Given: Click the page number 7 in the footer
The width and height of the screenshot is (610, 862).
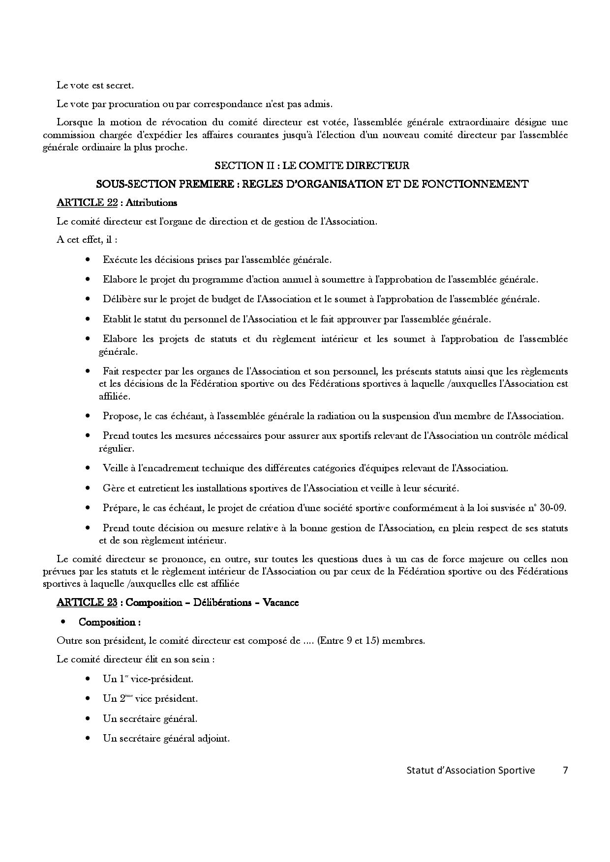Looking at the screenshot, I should tap(565, 770).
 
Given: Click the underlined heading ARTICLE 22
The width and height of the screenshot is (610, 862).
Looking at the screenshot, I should tap(87, 202).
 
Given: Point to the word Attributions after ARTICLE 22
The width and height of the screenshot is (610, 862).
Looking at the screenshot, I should tap(152, 202).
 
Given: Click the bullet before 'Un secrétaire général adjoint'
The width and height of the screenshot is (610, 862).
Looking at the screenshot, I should tap(88, 738).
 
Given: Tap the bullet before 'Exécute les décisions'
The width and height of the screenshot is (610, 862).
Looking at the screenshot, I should tap(88, 259).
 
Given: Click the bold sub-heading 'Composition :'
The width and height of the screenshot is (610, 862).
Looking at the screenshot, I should tap(110, 622).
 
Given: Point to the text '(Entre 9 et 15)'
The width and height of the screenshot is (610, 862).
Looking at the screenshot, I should tap(348, 641).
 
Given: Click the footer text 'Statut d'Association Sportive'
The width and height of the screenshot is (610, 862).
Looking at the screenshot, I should tap(470, 770).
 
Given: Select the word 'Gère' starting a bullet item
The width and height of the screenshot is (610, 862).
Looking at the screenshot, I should tap(113, 488).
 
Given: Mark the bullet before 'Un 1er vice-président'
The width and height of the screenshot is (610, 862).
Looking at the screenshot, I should tap(88, 679).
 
